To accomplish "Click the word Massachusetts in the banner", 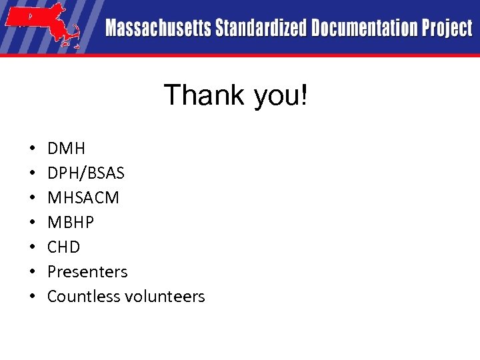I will point(158,28).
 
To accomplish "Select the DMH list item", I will point(67,148).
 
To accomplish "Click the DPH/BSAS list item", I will point(85,173).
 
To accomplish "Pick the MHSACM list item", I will point(83,198).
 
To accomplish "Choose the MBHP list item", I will point(71,223).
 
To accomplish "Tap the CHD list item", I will point(64,247).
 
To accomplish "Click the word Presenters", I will point(87,272).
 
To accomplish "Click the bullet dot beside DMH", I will point(32,149).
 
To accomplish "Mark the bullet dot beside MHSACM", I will point(32,198).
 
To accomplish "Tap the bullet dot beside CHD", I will point(32,247).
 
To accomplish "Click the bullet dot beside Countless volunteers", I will point(32,297).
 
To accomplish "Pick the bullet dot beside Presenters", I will point(32,272).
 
